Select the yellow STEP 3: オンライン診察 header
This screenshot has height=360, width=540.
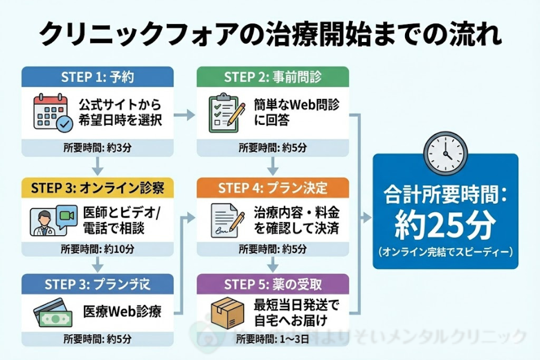[98, 187]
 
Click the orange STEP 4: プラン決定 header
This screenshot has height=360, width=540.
[272, 187]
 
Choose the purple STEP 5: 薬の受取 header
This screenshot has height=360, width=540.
[272, 282]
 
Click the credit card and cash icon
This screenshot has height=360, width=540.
[52, 313]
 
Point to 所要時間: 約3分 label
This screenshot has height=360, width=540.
[98, 148]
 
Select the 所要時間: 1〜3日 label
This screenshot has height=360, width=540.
[272, 338]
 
